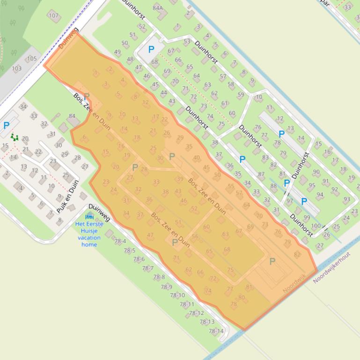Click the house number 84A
[x=158, y=8]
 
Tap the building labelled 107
[x=53, y=15]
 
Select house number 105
[x=31, y=58]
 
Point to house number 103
[x=16, y=68]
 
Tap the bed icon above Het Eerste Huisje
[x=89, y=216]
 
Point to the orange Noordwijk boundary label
[x=294, y=284]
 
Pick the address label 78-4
[x=120, y=241]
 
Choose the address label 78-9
[x=166, y=287]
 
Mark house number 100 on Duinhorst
[x=316, y=226]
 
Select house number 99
[x=307, y=217]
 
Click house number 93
[x=346, y=199]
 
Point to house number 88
[x=274, y=186]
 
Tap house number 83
[x=265, y=158]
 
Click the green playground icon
[x=15, y=137]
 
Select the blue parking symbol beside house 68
[x=151, y=50]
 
